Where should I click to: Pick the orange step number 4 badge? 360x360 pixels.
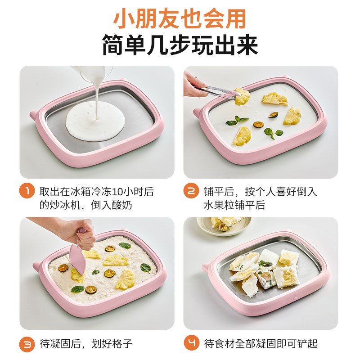click(x=192, y=344)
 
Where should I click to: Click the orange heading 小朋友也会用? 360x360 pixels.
click(x=180, y=19)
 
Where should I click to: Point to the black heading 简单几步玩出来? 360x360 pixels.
click(x=180, y=45)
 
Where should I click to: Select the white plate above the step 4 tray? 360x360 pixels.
click(x=220, y=224)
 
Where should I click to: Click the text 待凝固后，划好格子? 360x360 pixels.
click(x=86, y=344)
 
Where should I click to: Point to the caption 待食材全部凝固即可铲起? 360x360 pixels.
click(x=261, y=344)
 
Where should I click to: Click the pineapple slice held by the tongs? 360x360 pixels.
click(x=242, y=95)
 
